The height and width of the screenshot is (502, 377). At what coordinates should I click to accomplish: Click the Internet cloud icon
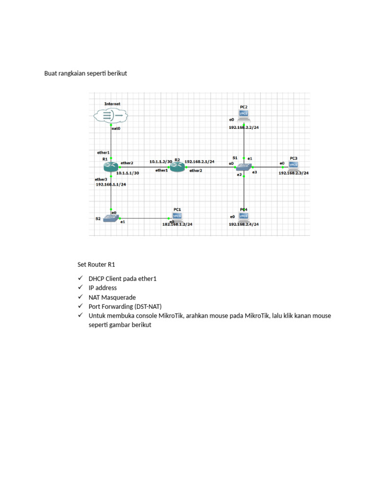[110, 116]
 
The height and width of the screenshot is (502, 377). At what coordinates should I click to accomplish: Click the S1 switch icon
[243, 167]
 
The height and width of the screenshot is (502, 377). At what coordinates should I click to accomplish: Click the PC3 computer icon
[294, 166]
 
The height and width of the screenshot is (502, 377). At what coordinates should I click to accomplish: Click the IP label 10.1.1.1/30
[127, 173]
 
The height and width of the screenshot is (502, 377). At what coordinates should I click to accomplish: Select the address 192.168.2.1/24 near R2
[199, 161]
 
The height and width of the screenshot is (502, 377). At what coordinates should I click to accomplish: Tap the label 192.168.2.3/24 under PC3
[294, 173]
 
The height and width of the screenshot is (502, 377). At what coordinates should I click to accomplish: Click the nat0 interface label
[116, 128]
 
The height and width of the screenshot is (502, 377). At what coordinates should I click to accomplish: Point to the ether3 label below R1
[101, 179]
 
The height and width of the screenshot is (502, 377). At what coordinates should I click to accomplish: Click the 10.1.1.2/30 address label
[161, 161]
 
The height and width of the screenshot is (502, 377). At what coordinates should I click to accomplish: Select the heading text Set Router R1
[96, 264]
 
